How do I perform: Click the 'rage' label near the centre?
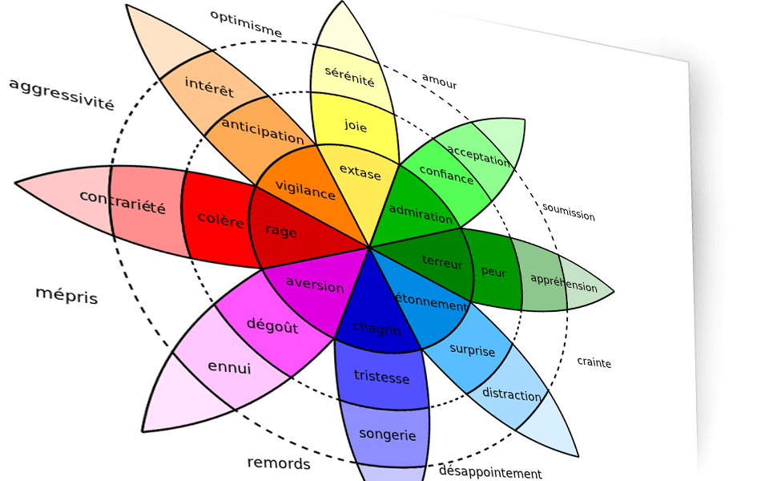coord(280,232)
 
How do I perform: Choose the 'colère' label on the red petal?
coord(219,219)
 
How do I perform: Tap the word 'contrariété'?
coord(123,203)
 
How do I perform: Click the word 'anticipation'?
coord(262,130)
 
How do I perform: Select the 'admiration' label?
coord(421,213)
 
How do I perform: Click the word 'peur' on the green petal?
coord(493,272)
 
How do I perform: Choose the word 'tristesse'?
coord(381,377)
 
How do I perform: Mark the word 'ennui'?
coord(229,368)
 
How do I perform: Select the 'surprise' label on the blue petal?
coord(472,350)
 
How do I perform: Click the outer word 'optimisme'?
coord(246,23)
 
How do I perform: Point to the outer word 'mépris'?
coord(66,295)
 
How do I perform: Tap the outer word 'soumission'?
coord(569,212)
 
